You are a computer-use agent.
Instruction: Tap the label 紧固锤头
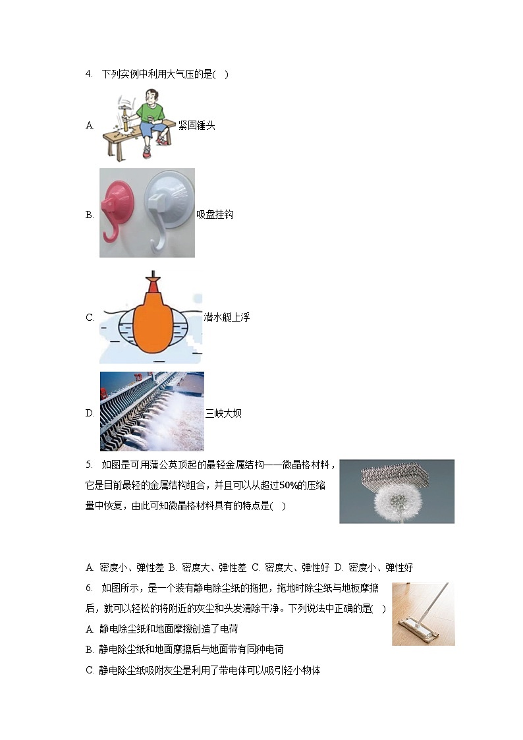(x=196, y=125)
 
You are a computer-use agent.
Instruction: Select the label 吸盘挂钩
(x=215, y=214)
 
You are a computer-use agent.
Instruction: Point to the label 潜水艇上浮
(x=227, y=317)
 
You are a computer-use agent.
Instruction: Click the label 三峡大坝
(x=223, y=413)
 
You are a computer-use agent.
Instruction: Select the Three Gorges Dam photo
(x=151, y=411)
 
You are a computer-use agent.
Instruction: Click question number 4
(x=89, y=74)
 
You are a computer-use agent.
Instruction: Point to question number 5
(x=89, y=465)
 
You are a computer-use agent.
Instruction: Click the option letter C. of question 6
(x=90, y=671)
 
